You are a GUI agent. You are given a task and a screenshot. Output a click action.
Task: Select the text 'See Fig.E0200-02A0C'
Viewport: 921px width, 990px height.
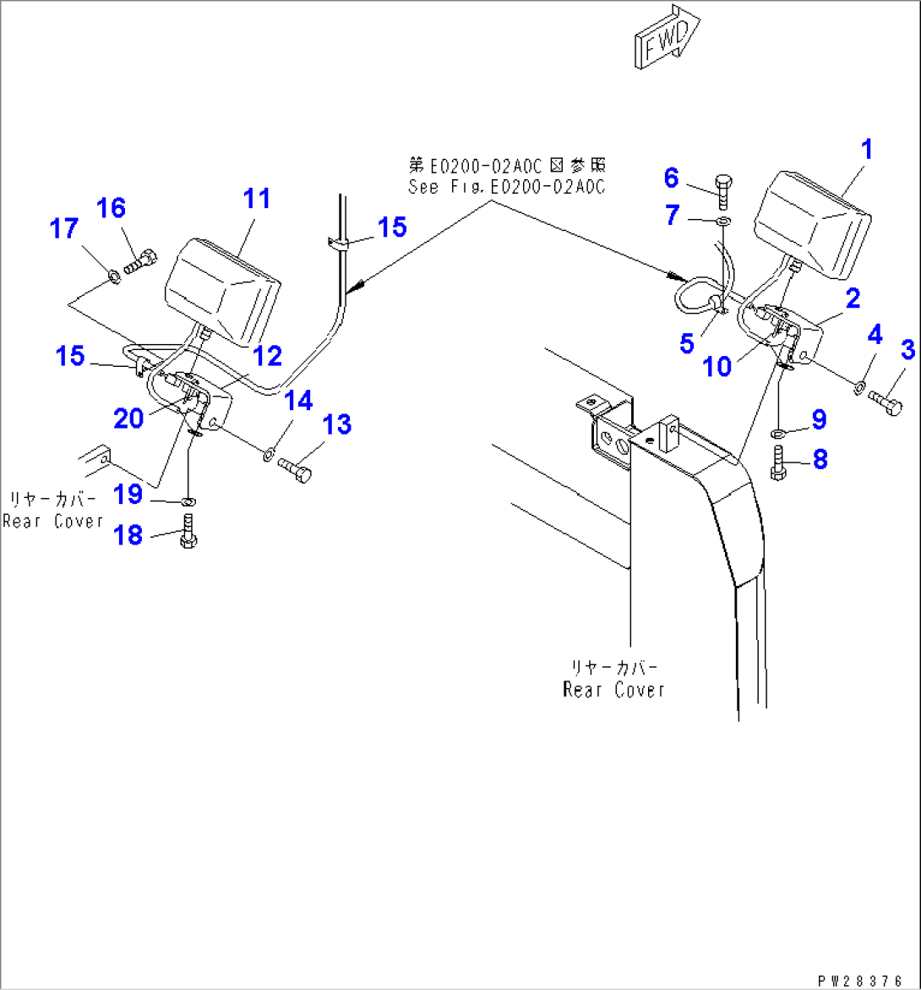point(506,188)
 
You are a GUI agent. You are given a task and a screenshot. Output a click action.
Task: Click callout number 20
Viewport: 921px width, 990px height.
point(128,418)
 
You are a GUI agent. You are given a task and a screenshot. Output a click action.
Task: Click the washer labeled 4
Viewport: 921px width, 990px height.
point(857,387)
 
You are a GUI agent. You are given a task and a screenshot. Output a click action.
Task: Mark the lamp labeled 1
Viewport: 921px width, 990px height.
point(812,222)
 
